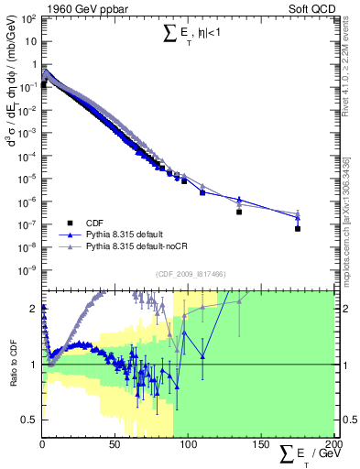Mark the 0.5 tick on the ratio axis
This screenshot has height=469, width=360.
[31, 420]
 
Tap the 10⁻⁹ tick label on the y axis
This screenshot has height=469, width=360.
[27, 269]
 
